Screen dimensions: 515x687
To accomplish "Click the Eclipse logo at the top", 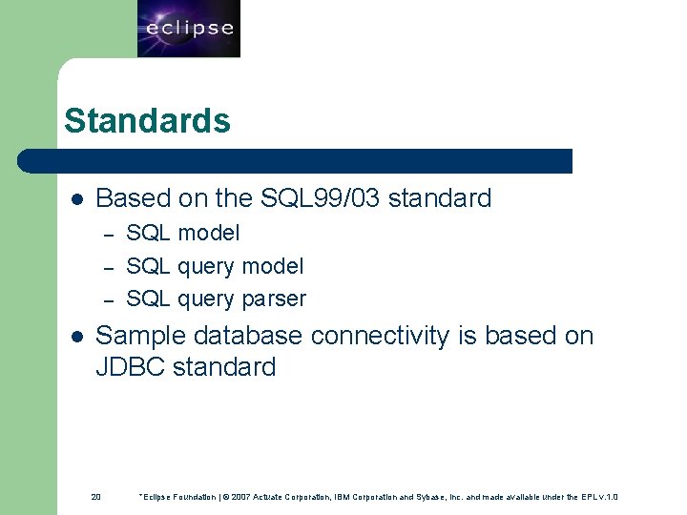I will click(188, 29).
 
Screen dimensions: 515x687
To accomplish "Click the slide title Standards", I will click(147, 121).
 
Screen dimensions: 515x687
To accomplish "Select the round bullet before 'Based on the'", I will click(77, 199).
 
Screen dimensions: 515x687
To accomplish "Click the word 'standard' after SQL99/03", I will click(440, 198).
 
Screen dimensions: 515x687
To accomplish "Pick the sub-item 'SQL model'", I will click(183, 233).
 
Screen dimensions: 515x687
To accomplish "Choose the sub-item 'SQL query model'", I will click(215, 266).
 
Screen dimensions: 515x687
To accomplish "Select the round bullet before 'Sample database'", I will click(77, 337).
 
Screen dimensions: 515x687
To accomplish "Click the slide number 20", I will click(95, 497).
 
